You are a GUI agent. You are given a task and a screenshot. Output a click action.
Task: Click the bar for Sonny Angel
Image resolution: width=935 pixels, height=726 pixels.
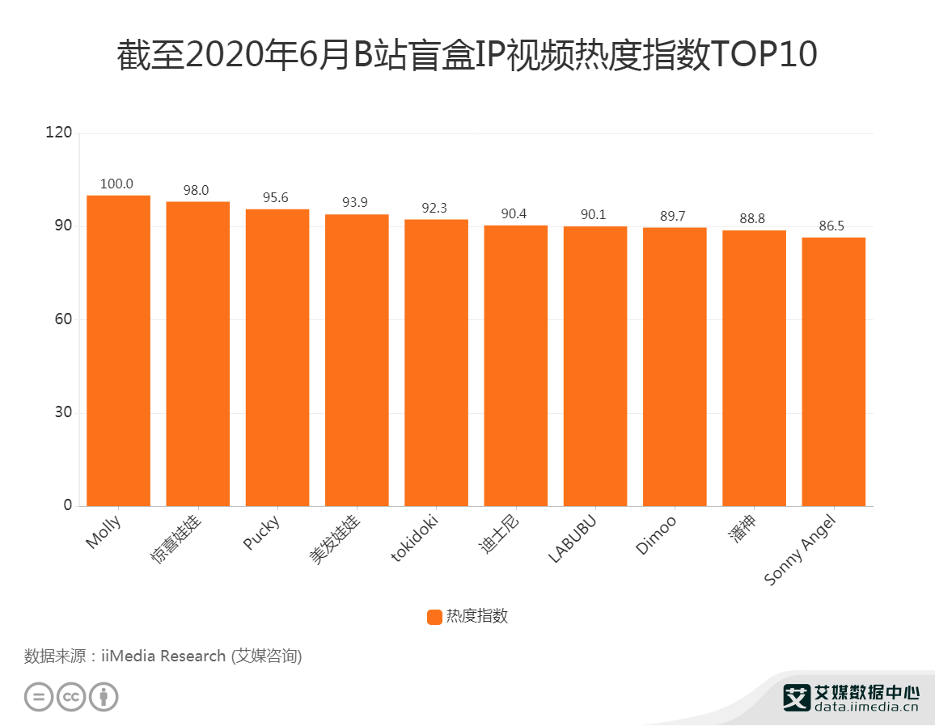click(x=833, y=371)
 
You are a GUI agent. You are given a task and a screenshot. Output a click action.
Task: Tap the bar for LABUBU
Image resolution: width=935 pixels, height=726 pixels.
click(x=594, y=365)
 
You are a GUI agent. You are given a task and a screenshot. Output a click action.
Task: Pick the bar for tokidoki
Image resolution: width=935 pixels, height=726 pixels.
click(x=436, y=362)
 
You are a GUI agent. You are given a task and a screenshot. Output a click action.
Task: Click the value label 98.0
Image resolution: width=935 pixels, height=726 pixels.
click(x=196, y=191)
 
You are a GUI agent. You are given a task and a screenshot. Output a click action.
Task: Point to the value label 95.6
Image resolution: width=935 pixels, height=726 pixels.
click(x=275, y=198)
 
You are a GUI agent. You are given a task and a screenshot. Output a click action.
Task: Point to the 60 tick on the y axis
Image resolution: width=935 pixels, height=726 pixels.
click(x=65, y=319)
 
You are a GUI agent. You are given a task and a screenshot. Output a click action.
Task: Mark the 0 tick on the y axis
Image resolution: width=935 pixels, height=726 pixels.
click(x=68, y=506)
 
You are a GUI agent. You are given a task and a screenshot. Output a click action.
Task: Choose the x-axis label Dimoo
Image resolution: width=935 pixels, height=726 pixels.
click(x=657, y=535)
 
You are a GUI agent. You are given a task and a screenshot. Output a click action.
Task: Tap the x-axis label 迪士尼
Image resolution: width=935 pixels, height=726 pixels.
click(x=499, y=536)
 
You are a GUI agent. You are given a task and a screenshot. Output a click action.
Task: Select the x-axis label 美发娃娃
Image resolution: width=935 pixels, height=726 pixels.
click(x=336, y=540)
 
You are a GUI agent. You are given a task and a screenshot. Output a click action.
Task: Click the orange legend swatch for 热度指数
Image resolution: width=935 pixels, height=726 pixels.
click(x=434, y=617)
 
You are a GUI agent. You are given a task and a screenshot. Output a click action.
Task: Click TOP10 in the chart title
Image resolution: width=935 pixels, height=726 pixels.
click(x=764, y=56)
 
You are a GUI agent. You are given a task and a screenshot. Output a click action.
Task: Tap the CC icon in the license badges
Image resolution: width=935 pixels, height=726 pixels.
click(x=71, y=696)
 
